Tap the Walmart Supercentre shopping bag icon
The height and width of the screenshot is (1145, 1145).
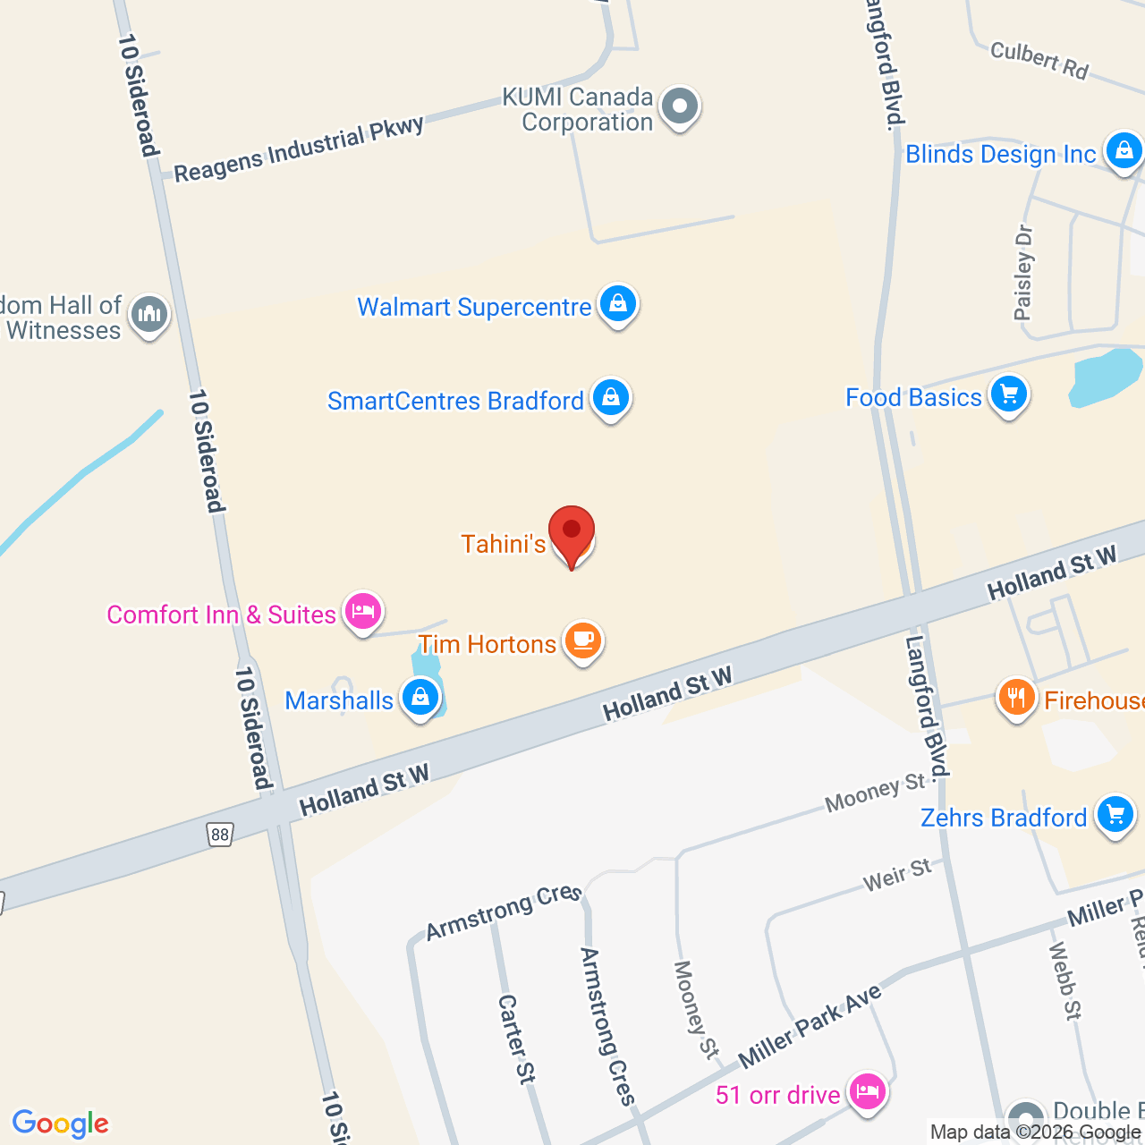tap(618, 304)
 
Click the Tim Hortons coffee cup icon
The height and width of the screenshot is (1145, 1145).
tap(583, 640)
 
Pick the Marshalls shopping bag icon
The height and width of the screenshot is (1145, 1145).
tap(420, 697)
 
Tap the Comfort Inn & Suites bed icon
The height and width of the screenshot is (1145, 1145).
tap(362, 612)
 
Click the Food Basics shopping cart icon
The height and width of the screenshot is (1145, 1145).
tap(1009, 394)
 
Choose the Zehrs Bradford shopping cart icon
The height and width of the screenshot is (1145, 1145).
tap(1115, 815)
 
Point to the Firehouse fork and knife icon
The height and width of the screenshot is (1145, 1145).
tap(1016, 697)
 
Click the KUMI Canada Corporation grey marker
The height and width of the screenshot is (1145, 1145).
tap(680, 106)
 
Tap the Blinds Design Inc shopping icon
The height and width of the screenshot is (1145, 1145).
tap(1124, 151)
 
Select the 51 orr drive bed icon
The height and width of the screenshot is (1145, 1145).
tap(867, 1091)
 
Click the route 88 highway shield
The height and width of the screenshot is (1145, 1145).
tap(220, 835)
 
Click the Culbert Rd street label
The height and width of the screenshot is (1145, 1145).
tap(1039, 60)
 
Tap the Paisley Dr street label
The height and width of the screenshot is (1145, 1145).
tap(1024, 273)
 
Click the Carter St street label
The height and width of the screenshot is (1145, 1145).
tap(516, 1039)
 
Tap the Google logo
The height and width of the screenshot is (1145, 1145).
tap(61, 1124)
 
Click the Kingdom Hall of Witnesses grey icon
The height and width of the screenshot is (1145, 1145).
tap(148, 314)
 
